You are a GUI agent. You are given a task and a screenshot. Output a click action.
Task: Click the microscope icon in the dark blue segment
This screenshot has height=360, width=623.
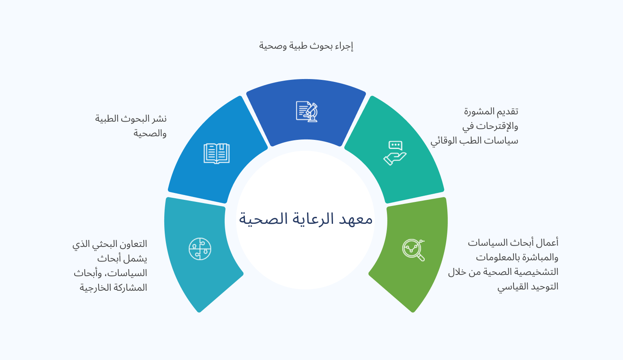[x=307, y=111]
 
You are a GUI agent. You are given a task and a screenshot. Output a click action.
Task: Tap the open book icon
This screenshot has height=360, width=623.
[x=216, y=154]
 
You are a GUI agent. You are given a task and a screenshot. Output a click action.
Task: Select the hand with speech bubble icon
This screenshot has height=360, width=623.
[x=395, y=153]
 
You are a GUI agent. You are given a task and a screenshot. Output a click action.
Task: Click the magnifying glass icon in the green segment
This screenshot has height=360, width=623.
[x=414, y=250]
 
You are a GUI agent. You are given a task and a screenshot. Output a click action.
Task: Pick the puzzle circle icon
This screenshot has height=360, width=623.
[x=200, y=249]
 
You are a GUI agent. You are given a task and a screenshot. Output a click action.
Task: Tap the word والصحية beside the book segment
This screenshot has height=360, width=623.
[x=150, y=133]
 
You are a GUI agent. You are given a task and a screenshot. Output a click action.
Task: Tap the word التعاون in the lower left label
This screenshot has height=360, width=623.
[x=135, y=244]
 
